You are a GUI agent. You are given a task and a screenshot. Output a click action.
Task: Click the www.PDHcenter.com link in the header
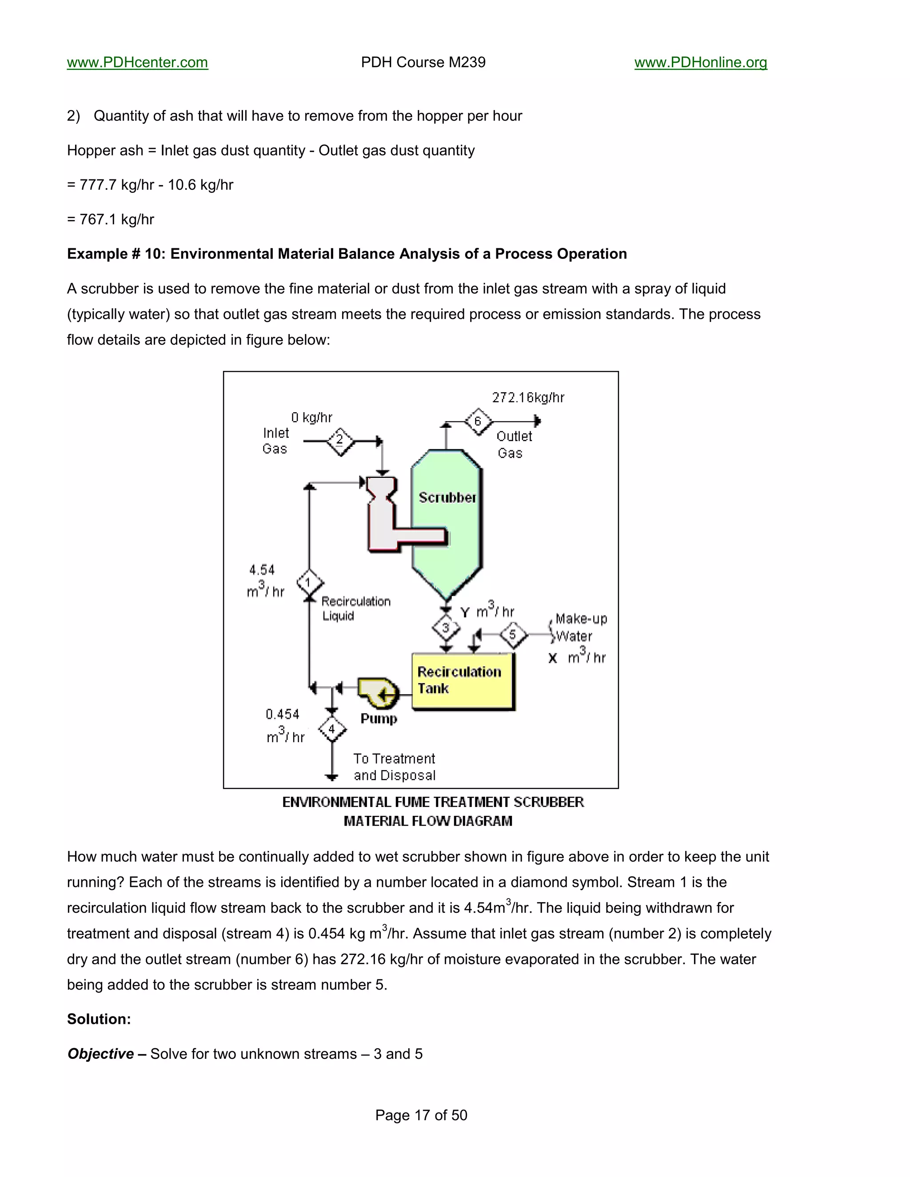click(137, 63)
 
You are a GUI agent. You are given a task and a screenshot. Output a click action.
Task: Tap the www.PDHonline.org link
click(700, 63)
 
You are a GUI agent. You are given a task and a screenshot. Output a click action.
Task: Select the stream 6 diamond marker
click(478, 421)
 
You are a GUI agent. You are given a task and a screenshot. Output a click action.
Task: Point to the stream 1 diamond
click(309, 583)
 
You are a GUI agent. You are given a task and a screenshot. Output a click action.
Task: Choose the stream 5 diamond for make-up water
click(512, 634)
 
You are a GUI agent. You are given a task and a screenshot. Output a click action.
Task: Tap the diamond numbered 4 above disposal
click(331, 730)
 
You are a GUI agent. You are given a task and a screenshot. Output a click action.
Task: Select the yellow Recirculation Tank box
click(463, 681)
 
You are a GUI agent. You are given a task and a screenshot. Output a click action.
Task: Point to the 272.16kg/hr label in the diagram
click(528, 398)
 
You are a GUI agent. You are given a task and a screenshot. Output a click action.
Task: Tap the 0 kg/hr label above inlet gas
click(311, 418)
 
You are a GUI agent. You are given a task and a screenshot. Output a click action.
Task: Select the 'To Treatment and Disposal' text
click(394, 767)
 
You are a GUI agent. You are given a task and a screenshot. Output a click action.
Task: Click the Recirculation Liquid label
click(356, 608)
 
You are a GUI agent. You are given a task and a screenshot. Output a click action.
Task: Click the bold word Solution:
click(99, 1019)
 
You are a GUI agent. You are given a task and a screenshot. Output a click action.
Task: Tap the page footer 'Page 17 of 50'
click(421, 1115)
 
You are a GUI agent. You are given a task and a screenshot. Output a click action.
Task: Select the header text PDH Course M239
click(423, 63)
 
